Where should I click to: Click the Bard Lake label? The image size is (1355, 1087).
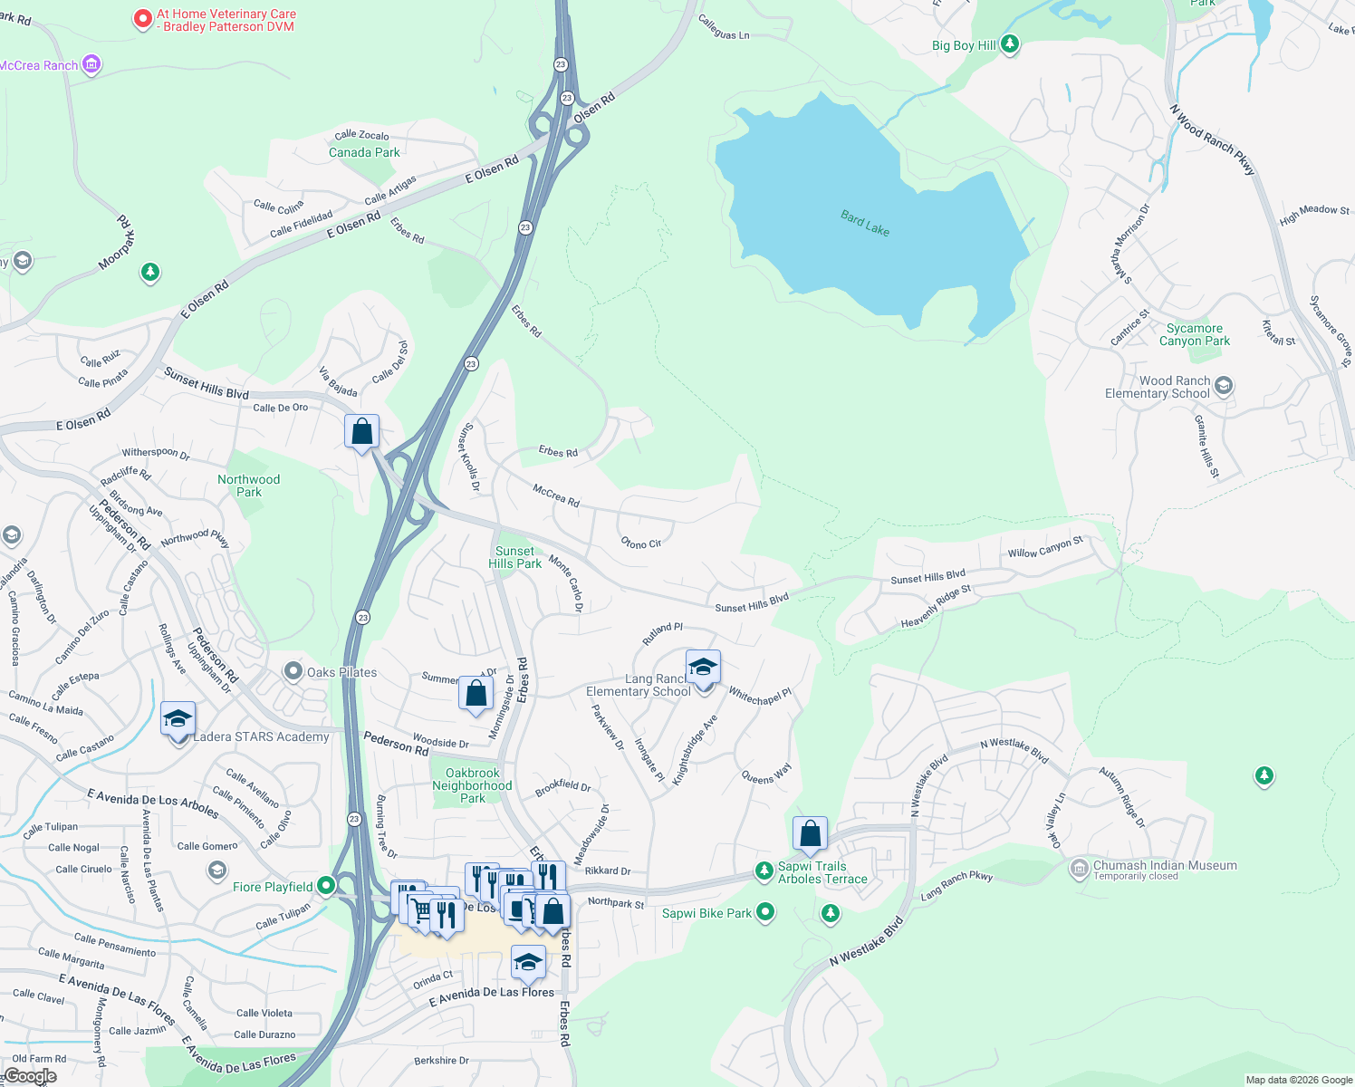(865, 223)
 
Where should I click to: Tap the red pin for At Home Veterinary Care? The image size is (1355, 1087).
(142, 18)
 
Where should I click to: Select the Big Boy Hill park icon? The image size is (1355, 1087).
(1010, 43)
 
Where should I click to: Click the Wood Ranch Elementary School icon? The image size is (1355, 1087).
(1224, 387)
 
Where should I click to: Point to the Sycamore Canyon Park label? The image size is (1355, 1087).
(1194, 335)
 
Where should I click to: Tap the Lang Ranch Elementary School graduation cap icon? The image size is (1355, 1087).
(703, 668)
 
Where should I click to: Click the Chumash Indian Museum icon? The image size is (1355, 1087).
(1079, 869)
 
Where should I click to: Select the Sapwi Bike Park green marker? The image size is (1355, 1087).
(765, 911)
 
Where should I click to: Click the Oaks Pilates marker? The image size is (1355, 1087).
(293, 672)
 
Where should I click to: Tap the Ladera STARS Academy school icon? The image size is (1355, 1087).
(178, 719)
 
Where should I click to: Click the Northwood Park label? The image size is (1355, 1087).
(248, 486)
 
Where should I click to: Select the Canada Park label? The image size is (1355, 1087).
(364, 152)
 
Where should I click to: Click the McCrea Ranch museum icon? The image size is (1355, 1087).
(91, 64)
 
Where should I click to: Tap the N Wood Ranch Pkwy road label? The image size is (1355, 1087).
(1212, 139)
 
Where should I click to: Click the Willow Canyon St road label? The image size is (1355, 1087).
(1045, 548)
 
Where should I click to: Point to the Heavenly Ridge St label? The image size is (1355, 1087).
(936, 607)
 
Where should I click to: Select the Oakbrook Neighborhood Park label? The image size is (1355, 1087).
(472, 785)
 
